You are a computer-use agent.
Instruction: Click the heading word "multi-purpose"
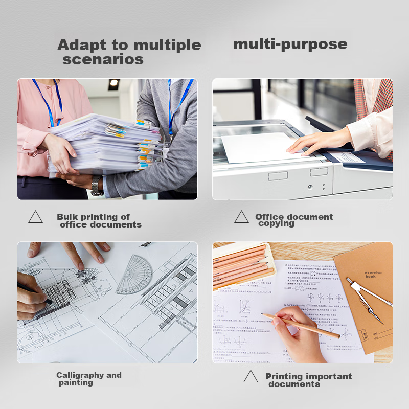[290, 44]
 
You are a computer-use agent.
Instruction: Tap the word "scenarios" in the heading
[103, 60]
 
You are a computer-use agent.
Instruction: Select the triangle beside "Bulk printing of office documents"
[35, 217]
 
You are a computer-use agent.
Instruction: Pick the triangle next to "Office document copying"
[241, 217]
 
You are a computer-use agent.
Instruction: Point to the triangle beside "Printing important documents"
[251, 377]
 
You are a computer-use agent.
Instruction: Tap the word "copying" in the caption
[276, 223]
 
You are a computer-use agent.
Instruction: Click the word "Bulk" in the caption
[68, 217]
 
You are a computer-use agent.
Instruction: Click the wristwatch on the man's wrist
[96, 185]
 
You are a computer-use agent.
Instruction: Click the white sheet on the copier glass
[261, 148]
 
